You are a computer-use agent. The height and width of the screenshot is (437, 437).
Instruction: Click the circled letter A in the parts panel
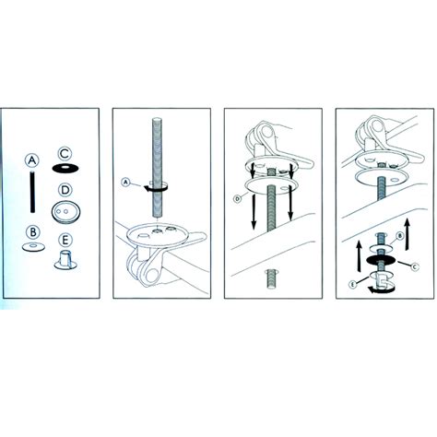pos(32,160)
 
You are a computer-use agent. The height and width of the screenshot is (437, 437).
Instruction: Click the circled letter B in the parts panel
pos(33,232)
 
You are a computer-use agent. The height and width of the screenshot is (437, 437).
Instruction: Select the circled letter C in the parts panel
pos(65,154)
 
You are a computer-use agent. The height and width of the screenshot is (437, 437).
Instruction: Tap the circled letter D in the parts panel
pos(65,190)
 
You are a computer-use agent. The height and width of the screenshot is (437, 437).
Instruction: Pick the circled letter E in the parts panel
pos(65,241)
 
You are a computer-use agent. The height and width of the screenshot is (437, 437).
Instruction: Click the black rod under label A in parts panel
pos(32,192)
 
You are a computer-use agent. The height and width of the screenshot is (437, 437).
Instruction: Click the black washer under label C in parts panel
pos(65,168)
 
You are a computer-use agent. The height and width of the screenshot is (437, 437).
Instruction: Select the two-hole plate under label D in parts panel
pos(65,212)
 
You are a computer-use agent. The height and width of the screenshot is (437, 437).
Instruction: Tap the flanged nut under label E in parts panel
pos(66,260)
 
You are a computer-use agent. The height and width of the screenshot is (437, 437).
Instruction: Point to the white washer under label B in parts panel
pos(33,247)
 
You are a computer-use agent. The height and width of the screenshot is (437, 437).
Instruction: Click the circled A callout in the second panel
pos(125,183)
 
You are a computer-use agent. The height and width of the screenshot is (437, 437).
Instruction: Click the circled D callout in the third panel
pos(238,199)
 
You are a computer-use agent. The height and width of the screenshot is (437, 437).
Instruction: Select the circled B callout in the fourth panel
pos(399,236)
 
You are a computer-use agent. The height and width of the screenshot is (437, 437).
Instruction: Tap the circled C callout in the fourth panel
pos(415,266)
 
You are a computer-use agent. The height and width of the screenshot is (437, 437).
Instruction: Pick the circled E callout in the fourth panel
pos(353,285)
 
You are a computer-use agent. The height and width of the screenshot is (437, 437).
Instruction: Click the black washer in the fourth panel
pos(381,260)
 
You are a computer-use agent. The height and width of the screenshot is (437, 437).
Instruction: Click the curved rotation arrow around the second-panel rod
pos(156,189)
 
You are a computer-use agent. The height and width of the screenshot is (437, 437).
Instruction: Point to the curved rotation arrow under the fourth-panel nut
pos(381,289)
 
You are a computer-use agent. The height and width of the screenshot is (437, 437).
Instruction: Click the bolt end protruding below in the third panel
pos(271,278)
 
